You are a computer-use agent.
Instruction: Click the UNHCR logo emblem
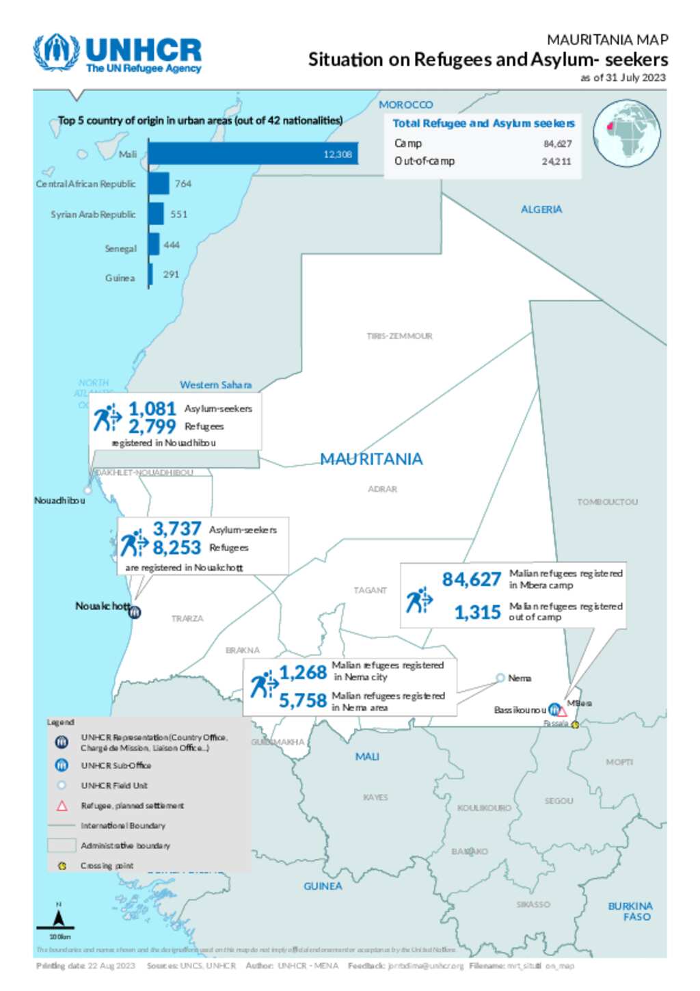57,52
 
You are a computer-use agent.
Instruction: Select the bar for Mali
252,154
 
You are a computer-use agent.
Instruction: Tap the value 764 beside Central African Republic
183,184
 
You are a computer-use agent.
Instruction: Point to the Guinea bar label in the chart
120,278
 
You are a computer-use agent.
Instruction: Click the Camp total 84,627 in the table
557,144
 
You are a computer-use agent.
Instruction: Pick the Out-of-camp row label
424,161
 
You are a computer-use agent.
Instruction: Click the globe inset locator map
626,133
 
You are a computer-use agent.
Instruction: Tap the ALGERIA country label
541,209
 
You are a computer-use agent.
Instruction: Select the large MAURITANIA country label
371,459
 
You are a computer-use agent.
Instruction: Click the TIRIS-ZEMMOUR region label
399,336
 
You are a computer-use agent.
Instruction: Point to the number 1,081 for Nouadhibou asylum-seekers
152,408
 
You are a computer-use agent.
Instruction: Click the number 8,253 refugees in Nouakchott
176,548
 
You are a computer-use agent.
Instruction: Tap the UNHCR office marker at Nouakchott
135,612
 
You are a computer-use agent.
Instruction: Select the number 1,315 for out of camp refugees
477,612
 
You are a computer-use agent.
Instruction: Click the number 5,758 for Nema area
302,700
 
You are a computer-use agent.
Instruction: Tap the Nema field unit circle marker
500,678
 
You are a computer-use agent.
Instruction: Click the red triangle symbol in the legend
62,806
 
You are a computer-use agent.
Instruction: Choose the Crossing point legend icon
62,866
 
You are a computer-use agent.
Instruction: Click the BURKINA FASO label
630,911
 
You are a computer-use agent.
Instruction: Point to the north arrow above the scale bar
59,916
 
